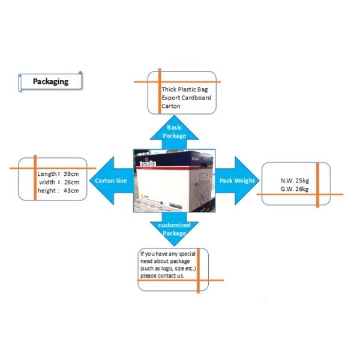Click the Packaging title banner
point(50,82)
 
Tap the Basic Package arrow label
point(174,132)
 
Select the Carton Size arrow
point(112,180)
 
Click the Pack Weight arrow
point(237,180)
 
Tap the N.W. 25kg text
point(295,181)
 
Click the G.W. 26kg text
point(295,189)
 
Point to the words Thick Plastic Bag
point(185,89)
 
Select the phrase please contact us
point(163,276)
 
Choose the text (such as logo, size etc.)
point(168,269)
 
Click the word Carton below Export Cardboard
point(171,106)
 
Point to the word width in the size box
point(47,182)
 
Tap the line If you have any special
point(168,254)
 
